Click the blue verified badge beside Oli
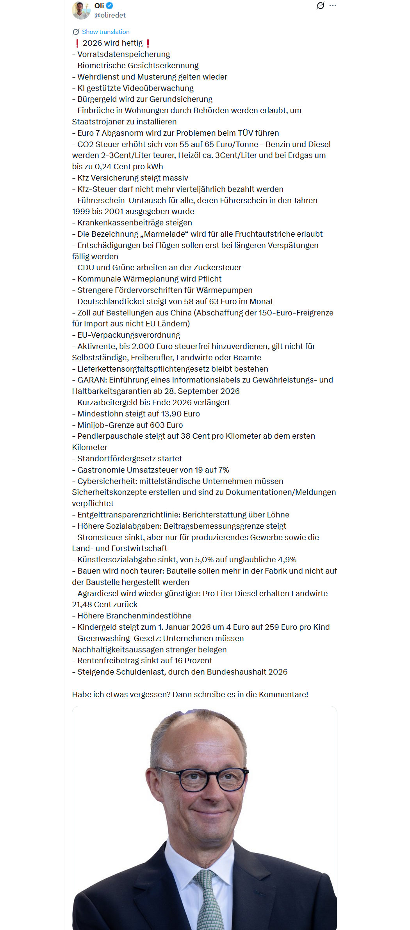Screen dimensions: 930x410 coord(110,6)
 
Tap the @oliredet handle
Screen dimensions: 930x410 coord(110,15)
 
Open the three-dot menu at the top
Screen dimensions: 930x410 coord(333,6)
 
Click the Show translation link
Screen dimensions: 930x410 coord(105,32)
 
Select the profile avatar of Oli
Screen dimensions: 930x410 coord(81,10)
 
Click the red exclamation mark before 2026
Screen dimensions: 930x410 coord(77,43)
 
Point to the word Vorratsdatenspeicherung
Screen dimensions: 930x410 coord(123,54)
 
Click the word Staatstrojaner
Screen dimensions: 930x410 coord(99,122)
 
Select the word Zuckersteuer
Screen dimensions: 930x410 coord(217,267)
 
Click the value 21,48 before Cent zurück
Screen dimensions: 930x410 coord(83,604)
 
